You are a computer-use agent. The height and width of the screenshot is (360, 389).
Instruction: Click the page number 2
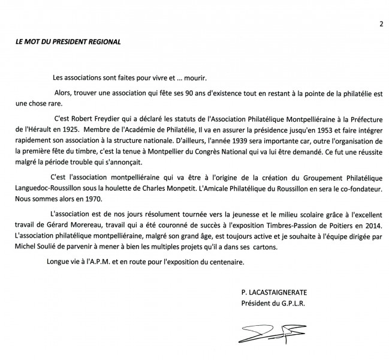(x=381, y=24)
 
